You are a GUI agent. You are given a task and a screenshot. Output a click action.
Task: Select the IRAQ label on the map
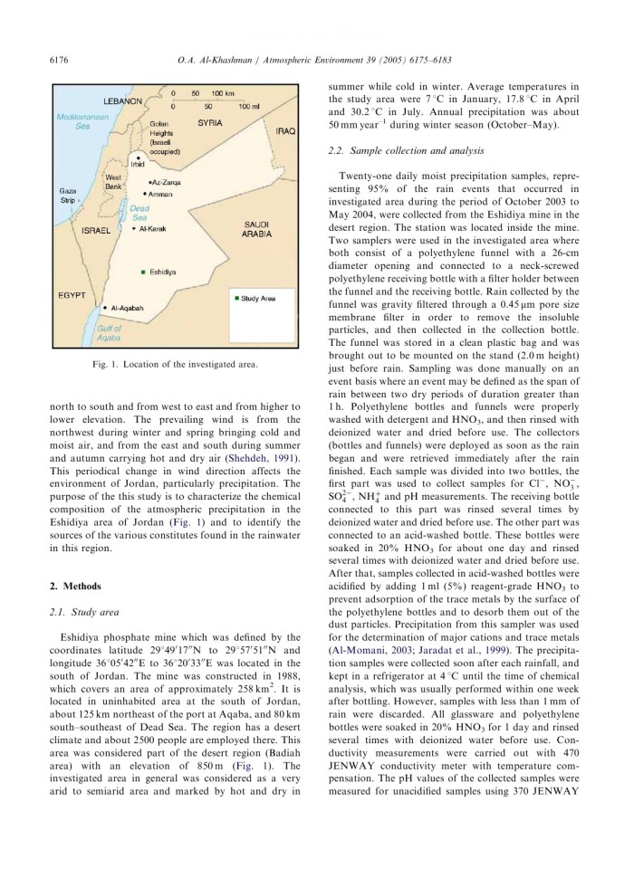click(285, 130)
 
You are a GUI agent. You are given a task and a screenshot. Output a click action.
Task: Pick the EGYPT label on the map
click(71, 294)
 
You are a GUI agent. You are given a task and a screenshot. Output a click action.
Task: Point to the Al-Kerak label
click(150, 230)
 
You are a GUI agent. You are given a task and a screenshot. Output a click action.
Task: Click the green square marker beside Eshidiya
click(144, 271)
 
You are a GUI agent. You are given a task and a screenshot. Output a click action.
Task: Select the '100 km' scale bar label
click(223, 93)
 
